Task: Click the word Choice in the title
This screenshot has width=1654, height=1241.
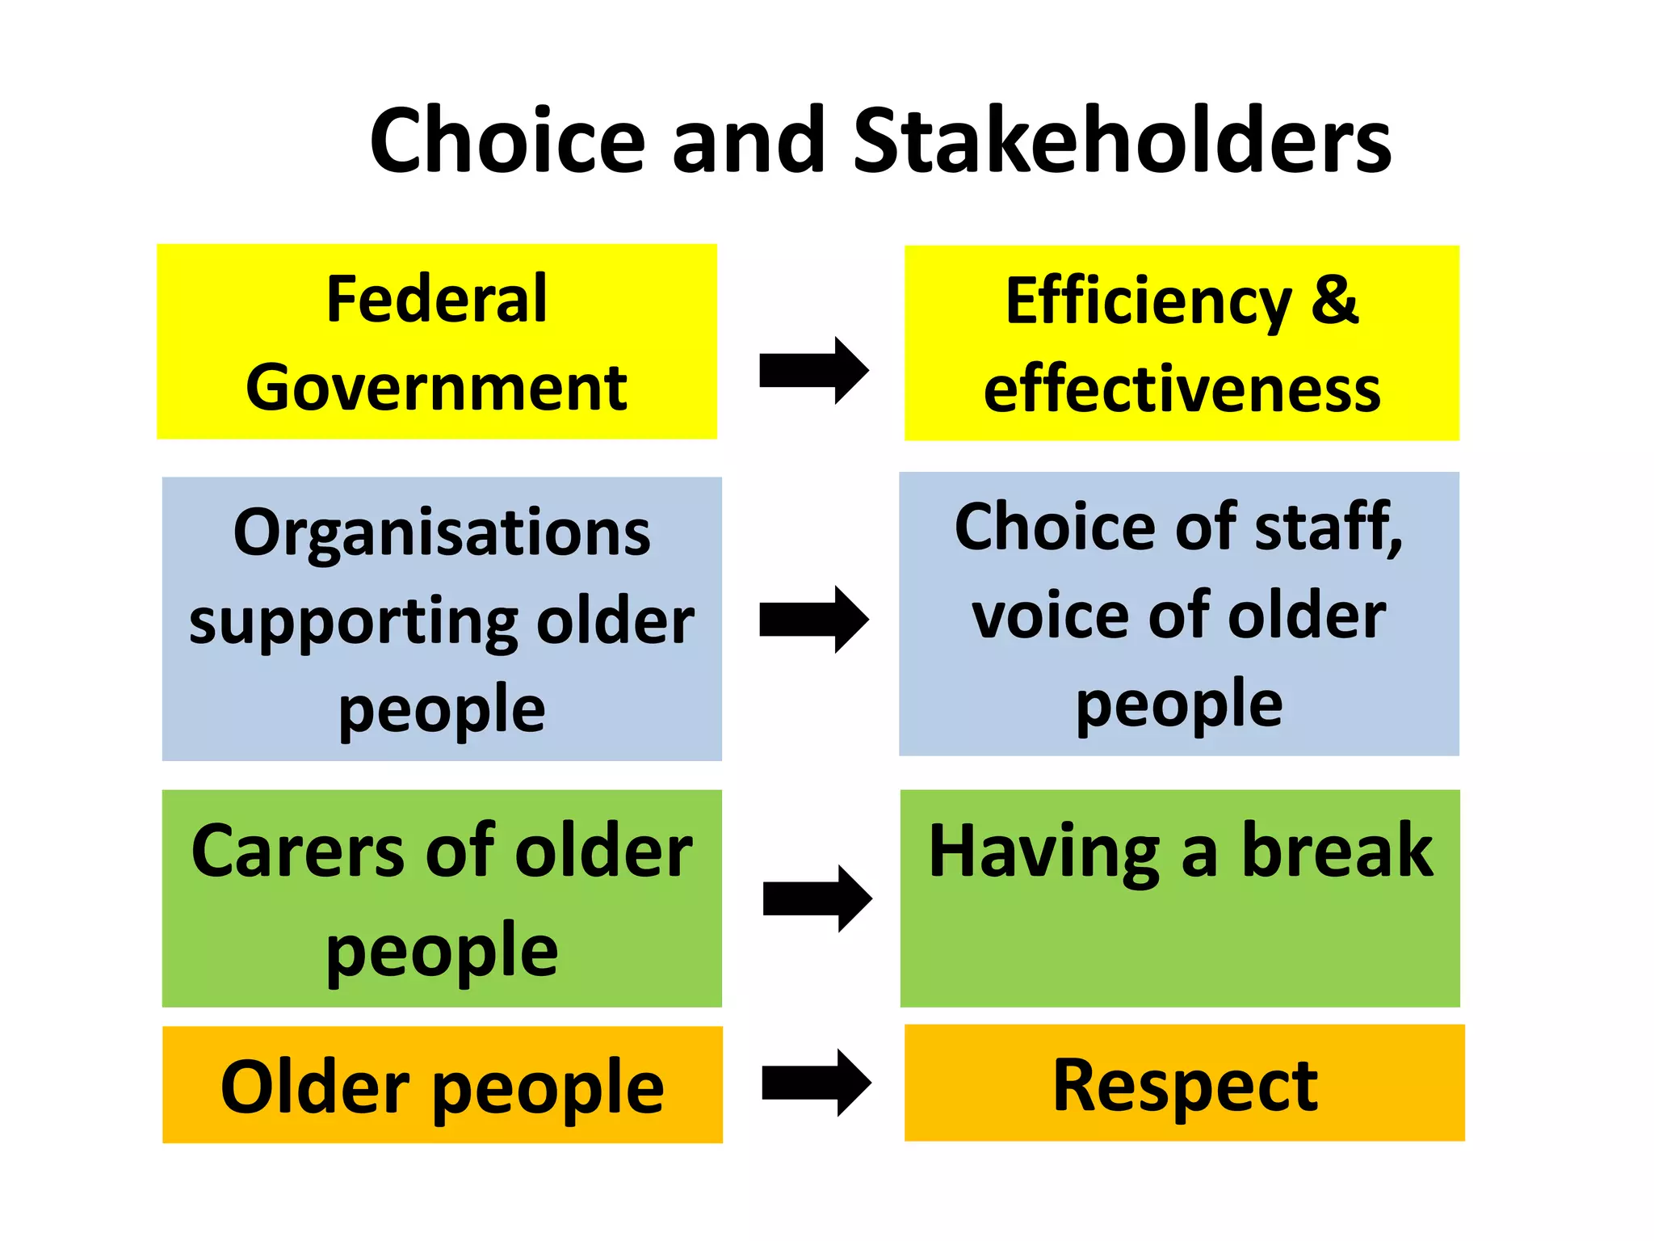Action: (507, 141)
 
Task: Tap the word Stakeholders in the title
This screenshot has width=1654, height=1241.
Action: (1122, 141)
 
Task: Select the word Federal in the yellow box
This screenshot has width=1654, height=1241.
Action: (436, 299)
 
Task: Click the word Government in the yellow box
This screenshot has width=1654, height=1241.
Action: (436, 388)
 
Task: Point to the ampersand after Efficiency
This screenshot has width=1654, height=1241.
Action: (1334, 301)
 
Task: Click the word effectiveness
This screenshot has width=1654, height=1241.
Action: (1182, 389)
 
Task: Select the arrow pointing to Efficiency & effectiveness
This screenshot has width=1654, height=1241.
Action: (812, 371)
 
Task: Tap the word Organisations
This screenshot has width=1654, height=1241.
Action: (442, 532)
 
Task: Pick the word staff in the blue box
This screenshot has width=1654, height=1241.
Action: (1324, 527)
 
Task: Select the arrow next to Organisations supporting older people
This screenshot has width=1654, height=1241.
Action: (812, 620)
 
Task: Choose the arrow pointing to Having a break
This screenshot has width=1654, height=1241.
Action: (816, 898)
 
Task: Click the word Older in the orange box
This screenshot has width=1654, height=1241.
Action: (315, 1087)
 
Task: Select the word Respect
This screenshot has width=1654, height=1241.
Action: (1185, 1087)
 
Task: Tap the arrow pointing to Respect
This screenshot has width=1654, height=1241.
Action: (815, 1083)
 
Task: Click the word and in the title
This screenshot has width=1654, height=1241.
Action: (748, 141)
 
